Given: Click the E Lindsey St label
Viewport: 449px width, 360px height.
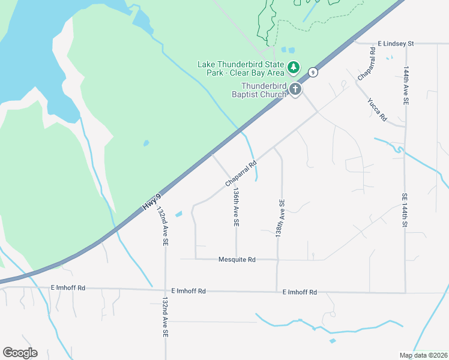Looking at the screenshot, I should point(396,44).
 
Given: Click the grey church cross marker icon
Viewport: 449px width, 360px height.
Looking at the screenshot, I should point(295,89).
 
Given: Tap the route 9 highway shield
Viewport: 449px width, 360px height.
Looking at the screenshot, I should point(313,72).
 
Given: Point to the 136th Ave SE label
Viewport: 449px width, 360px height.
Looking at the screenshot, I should point(237,206).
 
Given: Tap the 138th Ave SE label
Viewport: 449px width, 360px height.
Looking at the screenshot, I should point(280,218).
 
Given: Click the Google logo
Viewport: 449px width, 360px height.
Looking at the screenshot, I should point(20,352).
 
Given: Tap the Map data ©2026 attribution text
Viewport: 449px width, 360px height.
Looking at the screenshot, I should point(423,355).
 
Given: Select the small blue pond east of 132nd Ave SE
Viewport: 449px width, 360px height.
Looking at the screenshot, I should point(178,214).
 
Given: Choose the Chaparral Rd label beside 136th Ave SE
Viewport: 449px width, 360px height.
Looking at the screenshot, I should point(241,172).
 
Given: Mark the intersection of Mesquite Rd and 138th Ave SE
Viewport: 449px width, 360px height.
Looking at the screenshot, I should point(277,260).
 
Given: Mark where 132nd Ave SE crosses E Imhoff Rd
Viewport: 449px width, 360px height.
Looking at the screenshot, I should point(165,290).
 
